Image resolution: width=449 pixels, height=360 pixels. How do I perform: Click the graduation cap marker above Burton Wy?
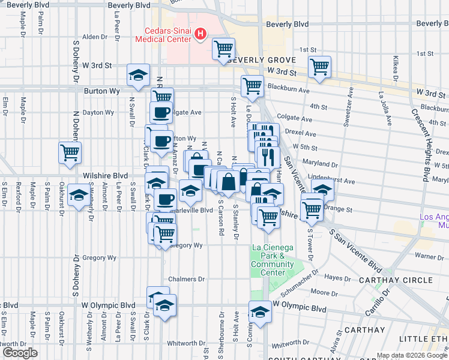(x=139, y=76)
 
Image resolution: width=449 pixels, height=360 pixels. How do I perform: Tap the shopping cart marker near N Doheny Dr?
(x=70, y=153)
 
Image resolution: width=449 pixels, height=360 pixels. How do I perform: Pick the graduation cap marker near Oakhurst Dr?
(x=79, y=196)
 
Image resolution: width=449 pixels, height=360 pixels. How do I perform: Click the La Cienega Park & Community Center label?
(x=273, y=260)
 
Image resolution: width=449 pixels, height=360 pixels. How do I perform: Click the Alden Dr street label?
(x=94, y=37)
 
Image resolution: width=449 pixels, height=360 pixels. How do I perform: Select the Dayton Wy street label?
(x=98, y=112)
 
